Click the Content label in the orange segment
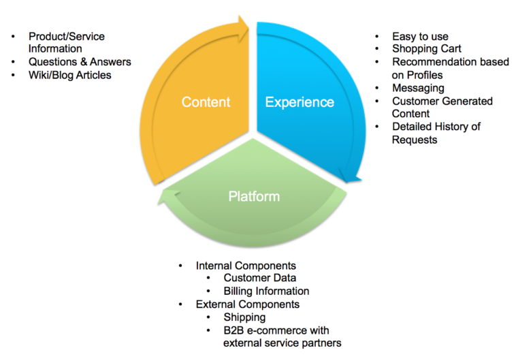tap(206, 102)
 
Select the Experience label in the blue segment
tap(300, 102)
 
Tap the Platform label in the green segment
tap(253, 196)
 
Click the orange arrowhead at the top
tap(242, 28)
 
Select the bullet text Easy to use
tap(420, 36)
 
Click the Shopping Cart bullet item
tap(426, 49)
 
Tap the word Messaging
tap(418, 88)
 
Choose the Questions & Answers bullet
tap(80, 62)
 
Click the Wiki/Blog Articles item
tap(69, 75)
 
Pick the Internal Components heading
tap(246, 265)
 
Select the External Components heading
tap(247, 304)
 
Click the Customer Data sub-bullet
tap(259, 278)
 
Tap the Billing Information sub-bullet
tap(266, 291)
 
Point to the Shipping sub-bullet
tap(244, 317)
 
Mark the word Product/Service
tap(67, 36)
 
